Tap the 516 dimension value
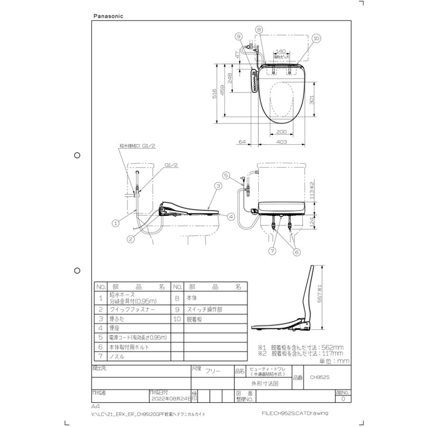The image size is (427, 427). (215, 93)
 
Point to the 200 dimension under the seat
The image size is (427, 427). (282, 131)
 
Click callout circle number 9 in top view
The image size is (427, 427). (238, 36)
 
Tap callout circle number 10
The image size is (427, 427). (316, 37)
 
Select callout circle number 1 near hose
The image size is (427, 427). (115, 221)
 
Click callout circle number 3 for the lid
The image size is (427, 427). (218, 186)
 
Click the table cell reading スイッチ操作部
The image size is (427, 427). (204, 309)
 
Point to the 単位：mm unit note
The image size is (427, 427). (334, 361)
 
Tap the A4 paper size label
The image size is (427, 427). (95, 407)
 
